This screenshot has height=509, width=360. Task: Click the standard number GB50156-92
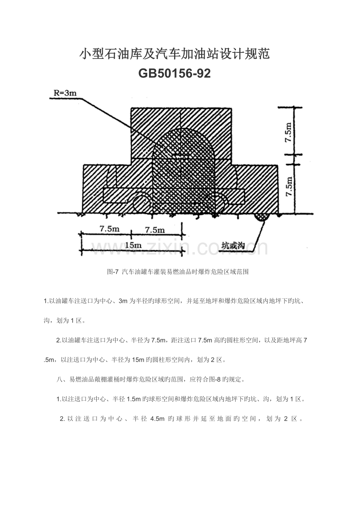click(175, 73)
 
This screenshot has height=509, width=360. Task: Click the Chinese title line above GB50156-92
click(175, 54)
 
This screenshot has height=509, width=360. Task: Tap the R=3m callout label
click(65, 93)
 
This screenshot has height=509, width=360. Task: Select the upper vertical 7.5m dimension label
click(288, 132)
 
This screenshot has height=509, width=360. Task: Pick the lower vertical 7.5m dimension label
click(289, 187)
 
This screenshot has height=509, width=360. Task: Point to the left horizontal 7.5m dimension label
click(110, 229)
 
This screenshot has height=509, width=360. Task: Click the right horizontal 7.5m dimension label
click(155, 230)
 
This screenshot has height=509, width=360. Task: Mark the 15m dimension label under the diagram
click(133, 245)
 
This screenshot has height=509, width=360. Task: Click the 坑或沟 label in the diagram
click(233, 246)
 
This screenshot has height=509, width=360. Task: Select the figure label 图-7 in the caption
click(113, 272)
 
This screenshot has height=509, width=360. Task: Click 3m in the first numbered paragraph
click(123, 301)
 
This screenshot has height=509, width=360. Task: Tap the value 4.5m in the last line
click(157, 419)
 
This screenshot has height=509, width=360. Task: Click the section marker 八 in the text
click(59, 379)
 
